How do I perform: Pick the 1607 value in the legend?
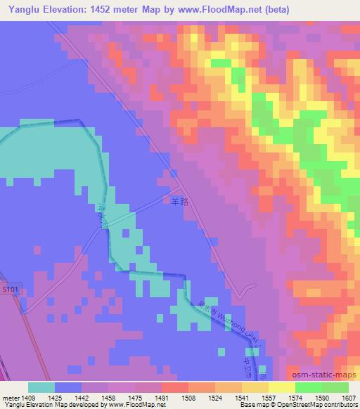(347, 397)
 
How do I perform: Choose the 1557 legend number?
(267, 397)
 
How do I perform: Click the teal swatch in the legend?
(41, 387)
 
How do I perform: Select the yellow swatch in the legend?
(281, 387)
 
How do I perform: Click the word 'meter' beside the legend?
(10, 397)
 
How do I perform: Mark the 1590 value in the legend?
(321, 397)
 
